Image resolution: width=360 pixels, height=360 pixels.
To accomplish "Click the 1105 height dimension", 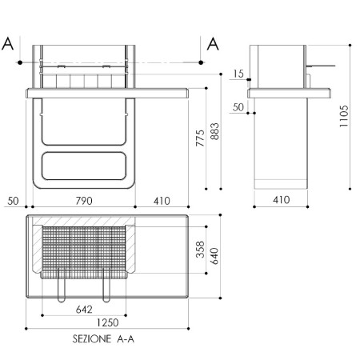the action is coord(344,116).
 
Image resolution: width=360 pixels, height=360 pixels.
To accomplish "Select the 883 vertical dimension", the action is coord(214,131).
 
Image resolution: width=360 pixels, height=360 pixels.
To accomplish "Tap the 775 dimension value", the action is coord(200,138).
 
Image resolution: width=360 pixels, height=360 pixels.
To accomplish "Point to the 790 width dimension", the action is coord(84,201).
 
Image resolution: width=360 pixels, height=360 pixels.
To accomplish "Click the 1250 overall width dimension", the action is coord(107,322).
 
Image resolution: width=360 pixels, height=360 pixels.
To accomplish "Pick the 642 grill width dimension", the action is coord(84,310).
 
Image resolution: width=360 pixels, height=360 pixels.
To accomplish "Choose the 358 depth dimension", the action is coord(200,250).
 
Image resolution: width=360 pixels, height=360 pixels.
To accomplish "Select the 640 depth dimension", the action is coord(214,256).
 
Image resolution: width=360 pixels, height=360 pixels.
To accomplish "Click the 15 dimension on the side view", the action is coord(238,74).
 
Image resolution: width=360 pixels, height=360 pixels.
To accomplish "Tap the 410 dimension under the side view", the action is coord(282,200).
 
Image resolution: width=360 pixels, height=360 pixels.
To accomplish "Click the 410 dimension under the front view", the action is coord(162,201).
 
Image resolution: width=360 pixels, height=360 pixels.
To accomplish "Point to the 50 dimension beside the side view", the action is coord(238,107).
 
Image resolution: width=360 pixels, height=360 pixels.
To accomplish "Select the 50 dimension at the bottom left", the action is coord(13,201).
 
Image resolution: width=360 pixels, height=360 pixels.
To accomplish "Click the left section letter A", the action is coord(7,44).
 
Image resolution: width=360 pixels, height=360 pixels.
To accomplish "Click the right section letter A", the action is coord(213,44).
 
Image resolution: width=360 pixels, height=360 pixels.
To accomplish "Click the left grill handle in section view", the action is coord(62,285).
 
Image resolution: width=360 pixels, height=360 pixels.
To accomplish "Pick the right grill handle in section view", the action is coord(106,285).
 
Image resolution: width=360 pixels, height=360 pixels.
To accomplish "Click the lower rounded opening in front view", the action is coord(84,166).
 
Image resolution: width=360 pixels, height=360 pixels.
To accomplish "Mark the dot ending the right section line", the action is coord(201,62).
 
